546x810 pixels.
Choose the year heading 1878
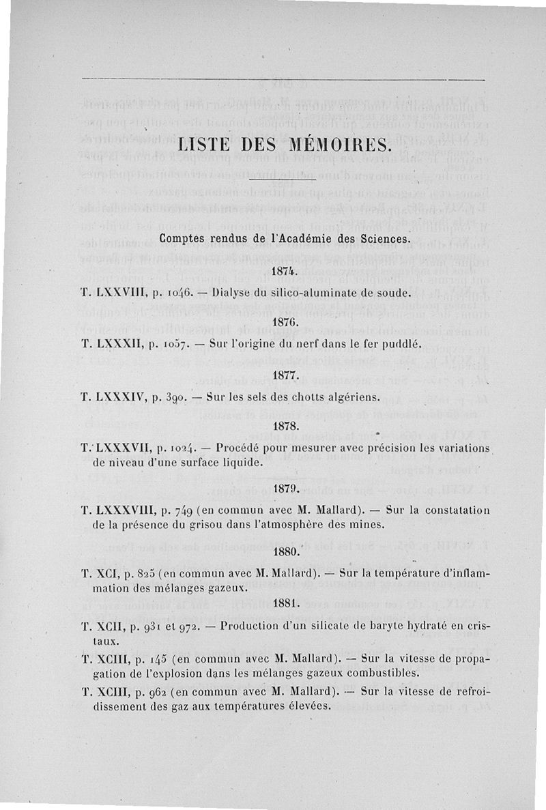pos(282,425)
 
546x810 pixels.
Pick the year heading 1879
pos(282,489)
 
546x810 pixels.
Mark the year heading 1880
pos(282,551)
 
